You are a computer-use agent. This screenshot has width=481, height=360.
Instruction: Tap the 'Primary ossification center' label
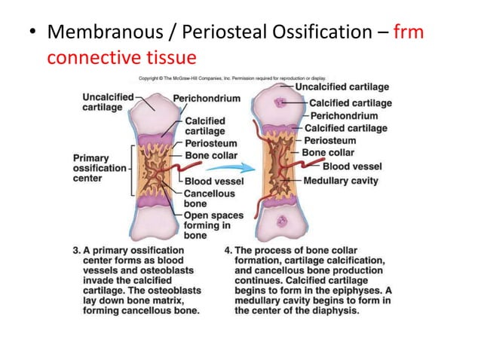[100, 168]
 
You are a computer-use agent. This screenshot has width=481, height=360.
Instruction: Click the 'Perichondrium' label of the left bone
[207, 99]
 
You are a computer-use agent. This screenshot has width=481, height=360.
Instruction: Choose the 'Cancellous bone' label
[204, 199]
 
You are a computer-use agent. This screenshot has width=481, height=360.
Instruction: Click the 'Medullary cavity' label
[341, 181]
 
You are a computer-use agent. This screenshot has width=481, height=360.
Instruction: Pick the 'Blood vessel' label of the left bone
[213, 182]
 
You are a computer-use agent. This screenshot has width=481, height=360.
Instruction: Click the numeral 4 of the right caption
[228, 251]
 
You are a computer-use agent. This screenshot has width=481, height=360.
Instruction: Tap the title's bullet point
[30, 34]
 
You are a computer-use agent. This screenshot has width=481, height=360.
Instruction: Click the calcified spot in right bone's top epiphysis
[281, 102]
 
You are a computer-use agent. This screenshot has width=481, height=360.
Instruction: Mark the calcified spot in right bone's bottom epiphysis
[281, 221]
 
